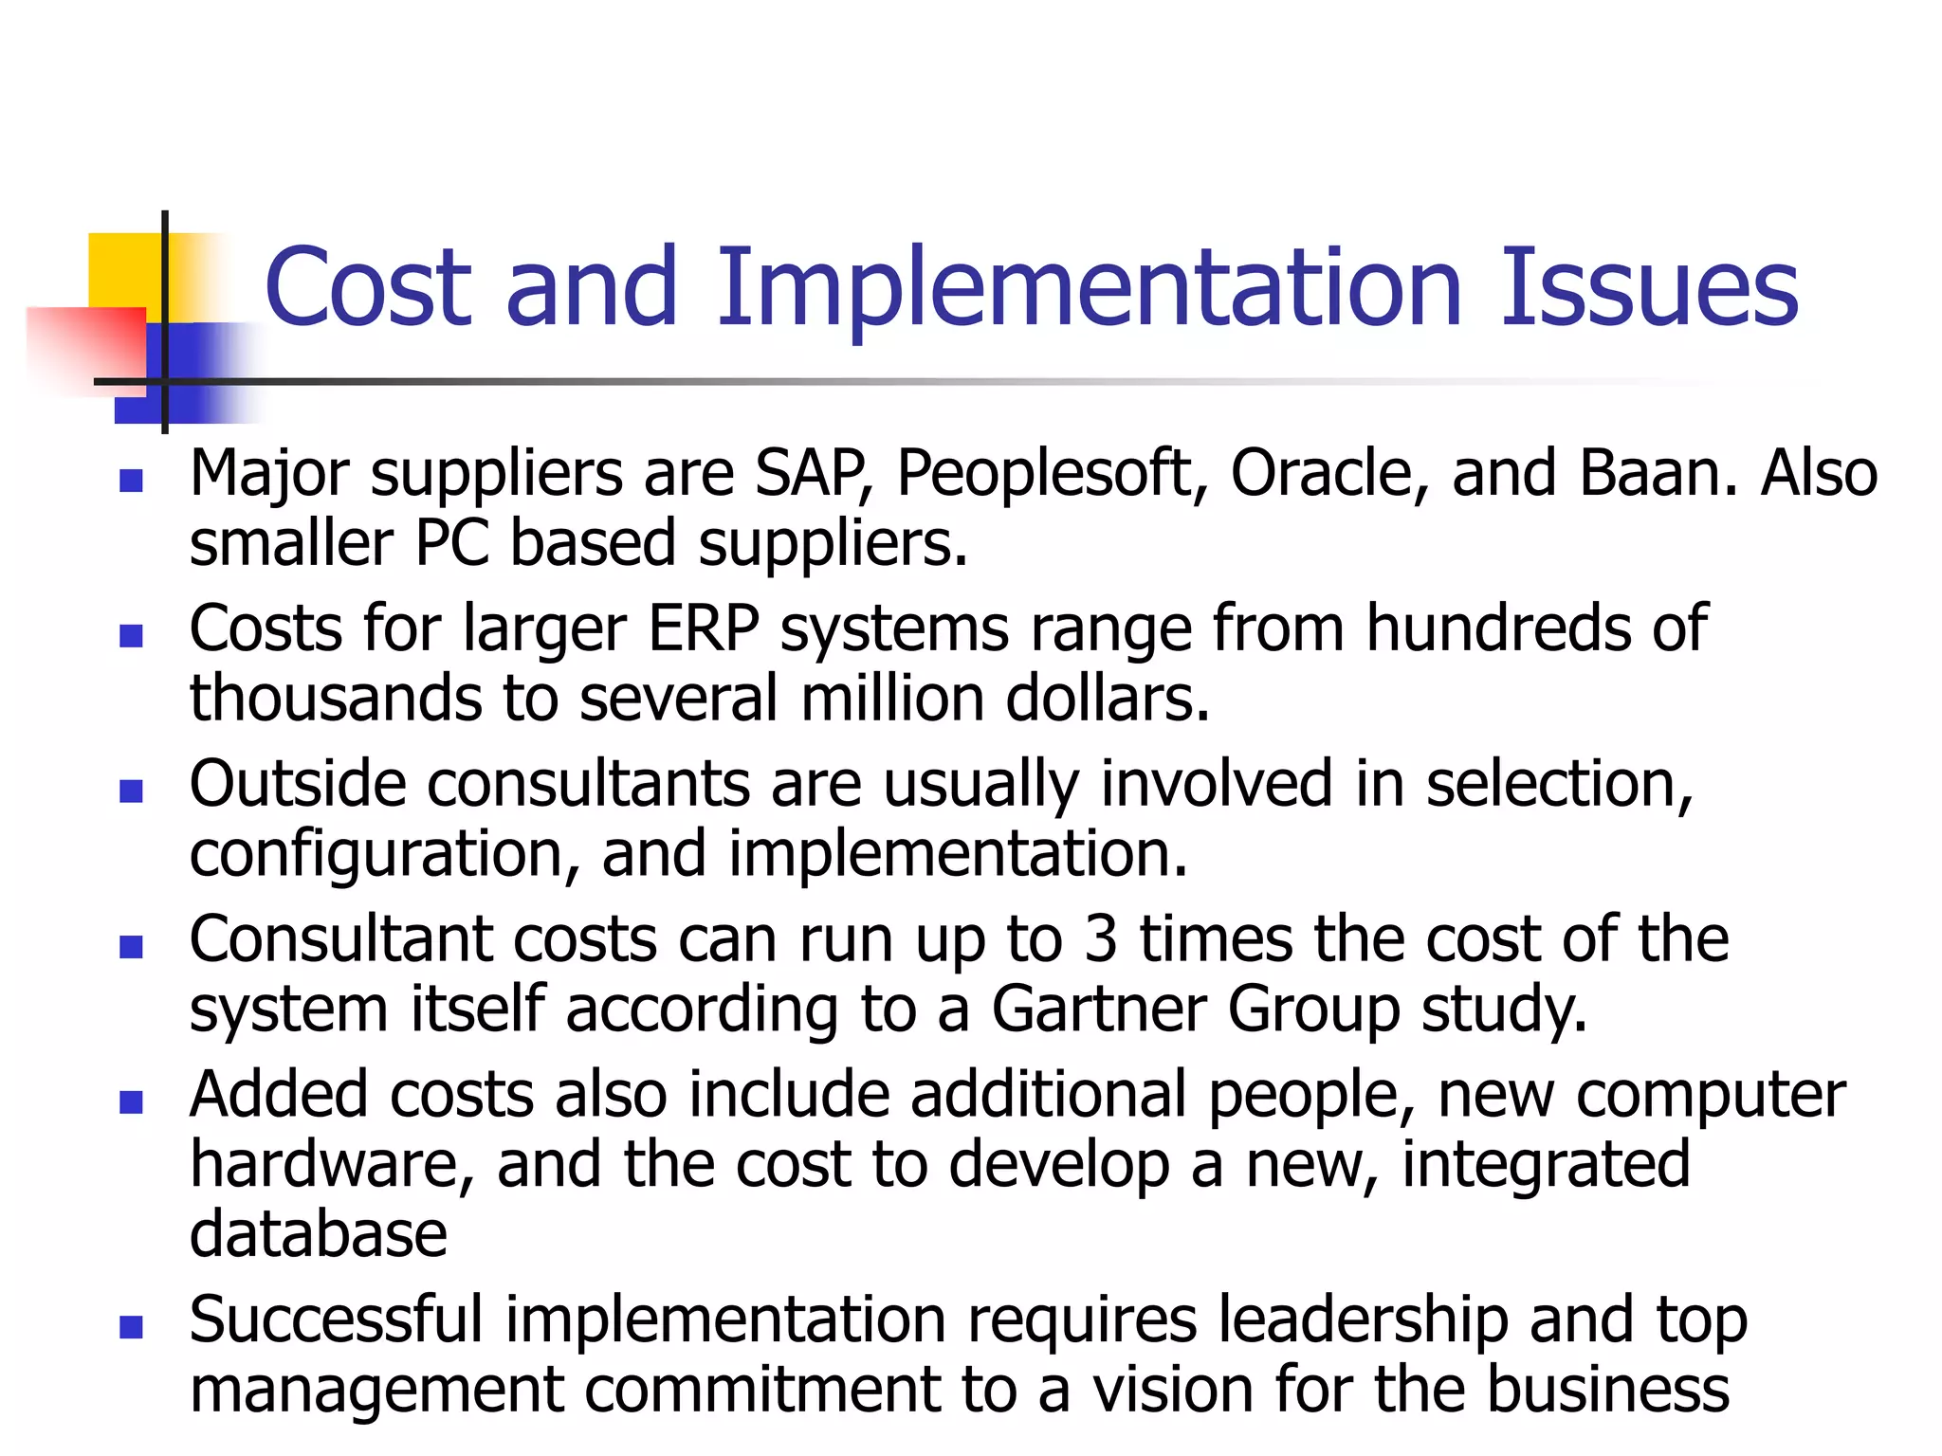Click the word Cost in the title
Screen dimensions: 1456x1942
click(368, 286)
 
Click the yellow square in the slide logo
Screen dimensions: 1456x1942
click(123, 270)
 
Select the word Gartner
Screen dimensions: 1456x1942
click(1098, 1009)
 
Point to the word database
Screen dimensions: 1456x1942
click(318, 1234)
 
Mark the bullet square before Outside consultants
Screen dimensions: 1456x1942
click(131, 791)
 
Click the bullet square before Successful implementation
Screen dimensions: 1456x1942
click(131, 1326)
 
